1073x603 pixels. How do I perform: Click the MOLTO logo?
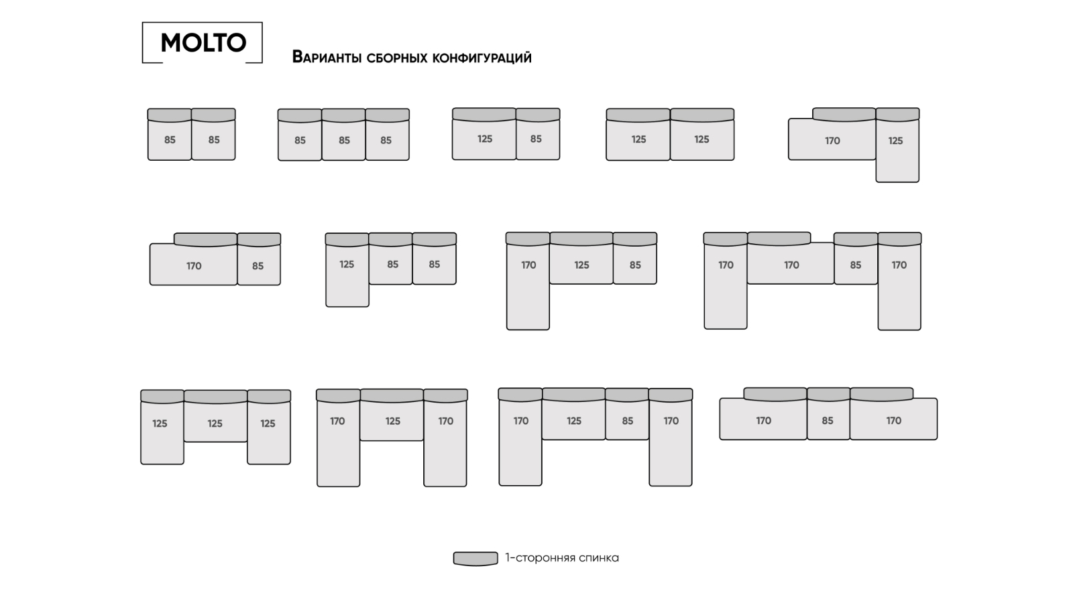[x=203, y=43]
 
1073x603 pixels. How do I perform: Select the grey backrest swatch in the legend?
[x=475, y=558]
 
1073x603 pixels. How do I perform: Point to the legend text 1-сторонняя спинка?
[x=562, y=557]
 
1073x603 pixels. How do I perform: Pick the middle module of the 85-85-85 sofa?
[x=343, y=140]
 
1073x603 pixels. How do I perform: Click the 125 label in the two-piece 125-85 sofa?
[x=485, y=139]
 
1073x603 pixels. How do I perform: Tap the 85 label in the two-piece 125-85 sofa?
[x=536, y=139]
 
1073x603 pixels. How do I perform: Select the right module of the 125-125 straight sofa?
[x=701, y=139]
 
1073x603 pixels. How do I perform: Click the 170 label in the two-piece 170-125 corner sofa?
[x=832, y=141]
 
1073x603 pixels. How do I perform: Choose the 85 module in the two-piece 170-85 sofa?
[x=258, y=265]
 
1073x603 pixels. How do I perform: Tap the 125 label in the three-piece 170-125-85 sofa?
[x=581, y=265]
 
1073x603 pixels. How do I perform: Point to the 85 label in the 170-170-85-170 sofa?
[x=856, y=265]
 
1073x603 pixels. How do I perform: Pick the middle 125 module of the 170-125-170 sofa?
[x=392, y=421]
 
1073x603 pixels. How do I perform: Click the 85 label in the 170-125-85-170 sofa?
[x=627, y=421]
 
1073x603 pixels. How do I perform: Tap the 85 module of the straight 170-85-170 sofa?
[x=828, y=420]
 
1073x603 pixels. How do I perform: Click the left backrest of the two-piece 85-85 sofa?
[x=170, y=115]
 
